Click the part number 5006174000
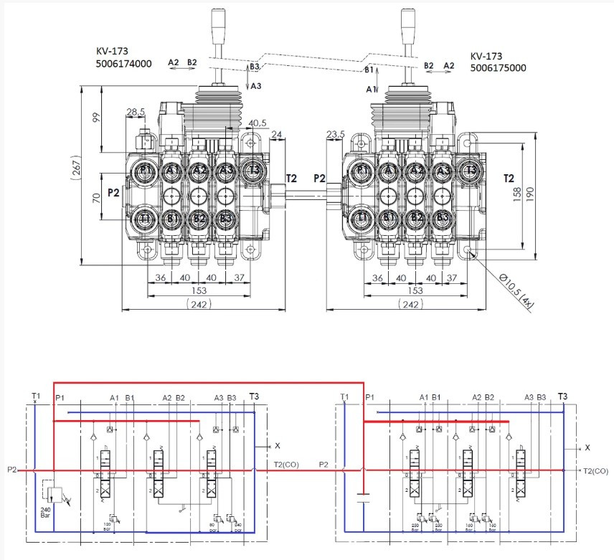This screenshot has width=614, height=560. click(123, 63)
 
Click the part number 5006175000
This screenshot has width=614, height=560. click(498, 68)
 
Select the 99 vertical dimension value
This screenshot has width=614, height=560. click(96, 118)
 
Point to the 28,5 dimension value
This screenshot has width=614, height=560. click(136, 112)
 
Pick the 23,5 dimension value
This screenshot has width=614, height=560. click(335, 134)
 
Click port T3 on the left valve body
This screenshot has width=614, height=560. click(252, 170)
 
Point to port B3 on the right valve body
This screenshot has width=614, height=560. click(443, 217)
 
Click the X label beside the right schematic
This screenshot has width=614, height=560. click(587, 447)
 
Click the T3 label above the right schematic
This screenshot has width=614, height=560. click(562, 397)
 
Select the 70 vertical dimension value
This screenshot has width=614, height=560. click(96, 197)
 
